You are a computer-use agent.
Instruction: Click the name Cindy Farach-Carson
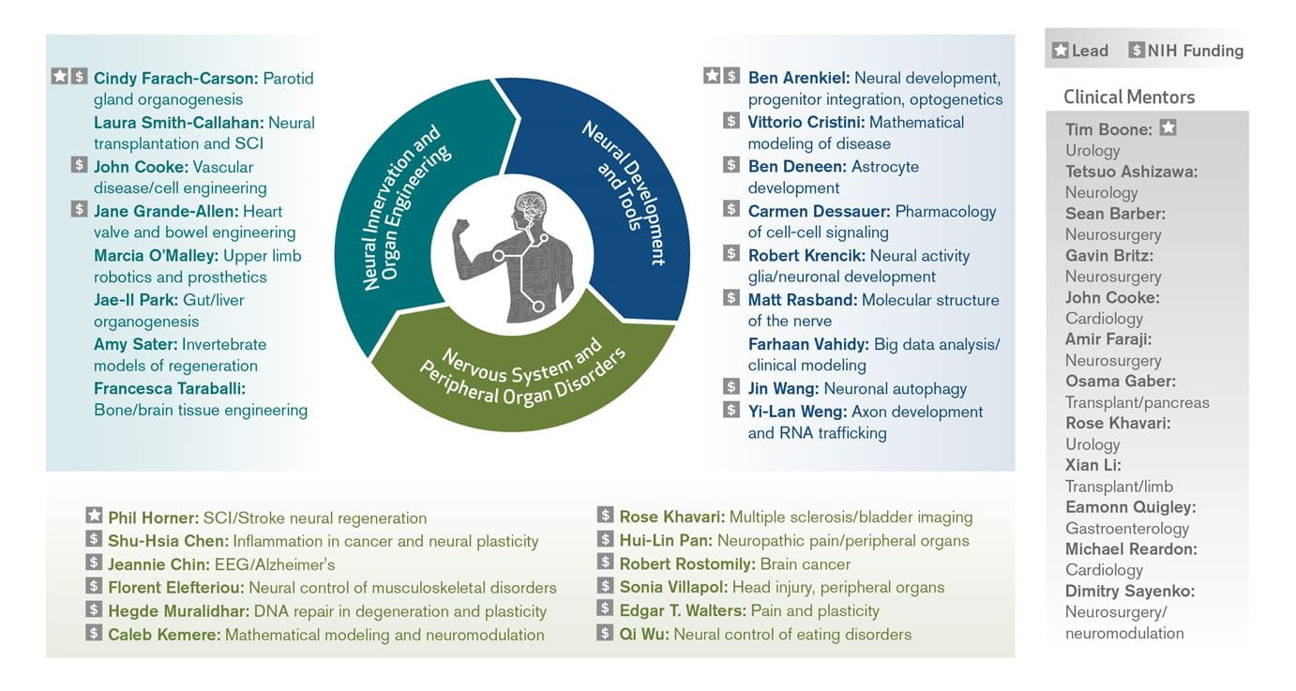tap(176, 78)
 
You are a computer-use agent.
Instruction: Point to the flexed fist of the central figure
tap(461, 229)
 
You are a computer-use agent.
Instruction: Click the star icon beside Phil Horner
tap(94, 517)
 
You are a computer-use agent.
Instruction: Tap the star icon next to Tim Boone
tap(1168, 128)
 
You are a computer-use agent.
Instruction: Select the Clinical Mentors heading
tap(1129, 97)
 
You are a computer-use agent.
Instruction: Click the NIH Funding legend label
tap(1195, 51)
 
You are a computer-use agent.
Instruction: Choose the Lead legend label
tap(1090, 51)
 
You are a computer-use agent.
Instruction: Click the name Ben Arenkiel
tap(799, 78)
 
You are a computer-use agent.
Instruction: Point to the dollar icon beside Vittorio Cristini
tap(731, 121)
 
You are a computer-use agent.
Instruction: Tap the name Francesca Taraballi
tap(170, 387)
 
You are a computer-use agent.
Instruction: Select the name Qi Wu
tap(643, 634)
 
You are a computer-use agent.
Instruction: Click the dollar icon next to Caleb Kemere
tap(94, 634)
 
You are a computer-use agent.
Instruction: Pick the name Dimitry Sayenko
tap(1130, 591)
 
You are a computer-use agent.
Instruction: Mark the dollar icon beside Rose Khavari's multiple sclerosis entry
tap(606, 517)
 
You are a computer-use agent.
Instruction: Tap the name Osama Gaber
tap(1120, 381)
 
